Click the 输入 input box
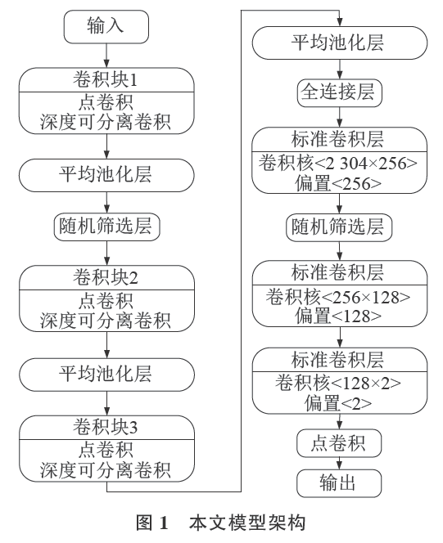[106, 27]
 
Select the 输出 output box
[339, 483]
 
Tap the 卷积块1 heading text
[105, 79]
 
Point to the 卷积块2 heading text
[105, 277]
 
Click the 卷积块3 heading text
[105, 427]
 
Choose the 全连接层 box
[339, 92]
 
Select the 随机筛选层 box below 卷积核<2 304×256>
[339, 227]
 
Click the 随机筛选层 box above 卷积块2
[106, 227]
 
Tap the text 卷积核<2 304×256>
[338, 163]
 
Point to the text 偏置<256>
[338, 183]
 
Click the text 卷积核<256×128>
[338, 297]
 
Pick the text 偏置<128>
[338, 316]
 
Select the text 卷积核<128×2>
[338, 384]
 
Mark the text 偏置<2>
[338, 402]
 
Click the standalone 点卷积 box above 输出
[339, 443]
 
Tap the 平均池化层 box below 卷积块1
[106, 175]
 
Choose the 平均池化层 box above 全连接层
[340, 43]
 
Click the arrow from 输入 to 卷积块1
[106, 56]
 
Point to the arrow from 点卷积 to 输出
[339, 464]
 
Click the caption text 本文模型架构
[247, 523]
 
